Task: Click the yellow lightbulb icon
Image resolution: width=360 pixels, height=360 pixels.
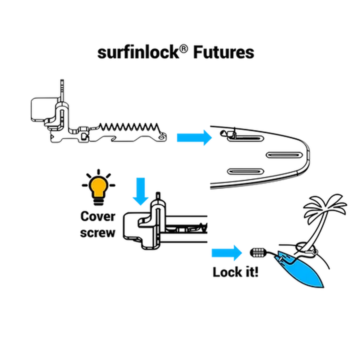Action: click(x=98, y=186)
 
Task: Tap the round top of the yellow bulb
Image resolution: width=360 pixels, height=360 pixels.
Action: click(x=98, y=183)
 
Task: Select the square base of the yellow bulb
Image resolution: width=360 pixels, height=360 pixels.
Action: click(x=98, y=193)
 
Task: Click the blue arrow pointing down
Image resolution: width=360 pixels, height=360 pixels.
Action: click(x=140, y=191)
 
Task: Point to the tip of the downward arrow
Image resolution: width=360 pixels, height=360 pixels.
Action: click(x=140, y=206)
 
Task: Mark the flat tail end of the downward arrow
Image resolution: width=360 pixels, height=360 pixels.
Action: click(x=140, y=176)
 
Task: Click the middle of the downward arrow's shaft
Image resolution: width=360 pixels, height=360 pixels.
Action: click(x=140, y=186)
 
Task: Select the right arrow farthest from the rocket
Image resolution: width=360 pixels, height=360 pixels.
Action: click(x=194, y=137)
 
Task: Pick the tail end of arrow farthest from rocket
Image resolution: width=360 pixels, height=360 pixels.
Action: click(x=176, y=137)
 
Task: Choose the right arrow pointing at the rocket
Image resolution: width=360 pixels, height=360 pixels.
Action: click(x=226, y=253)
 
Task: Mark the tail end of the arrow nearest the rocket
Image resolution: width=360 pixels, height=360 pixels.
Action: click(x=209, y=253)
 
